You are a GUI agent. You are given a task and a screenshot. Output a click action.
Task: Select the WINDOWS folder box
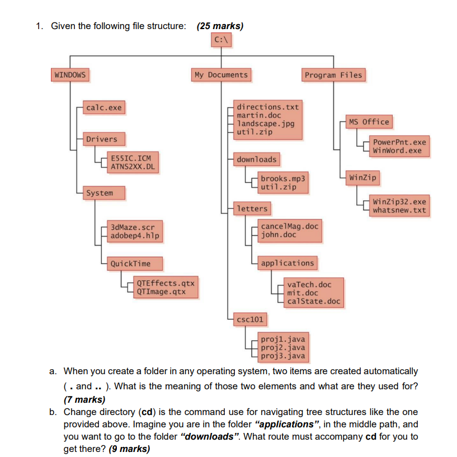(x=70, y=75)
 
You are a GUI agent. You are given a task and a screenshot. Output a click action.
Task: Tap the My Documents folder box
(x=220, y=75)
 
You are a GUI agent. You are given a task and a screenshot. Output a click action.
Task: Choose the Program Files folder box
(x=333, y=75)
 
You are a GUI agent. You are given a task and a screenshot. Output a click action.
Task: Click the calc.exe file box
(x=103, y=107)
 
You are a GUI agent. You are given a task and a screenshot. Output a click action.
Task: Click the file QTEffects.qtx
(x=165, y=283)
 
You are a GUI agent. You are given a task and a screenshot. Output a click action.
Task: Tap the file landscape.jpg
(x=266, y=124)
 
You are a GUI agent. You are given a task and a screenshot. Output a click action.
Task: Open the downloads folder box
(x=256, y=160)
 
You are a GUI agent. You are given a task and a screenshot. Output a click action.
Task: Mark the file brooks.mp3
(x=283, y=178)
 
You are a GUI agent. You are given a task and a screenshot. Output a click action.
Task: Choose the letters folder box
(x=252, y=209)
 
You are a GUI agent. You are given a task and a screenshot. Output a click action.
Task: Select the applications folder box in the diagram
(x=288, y=263)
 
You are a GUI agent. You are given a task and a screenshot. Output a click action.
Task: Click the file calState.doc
(x=313, y=301)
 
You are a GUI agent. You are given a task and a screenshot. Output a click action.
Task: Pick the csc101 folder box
(x=250, y=320)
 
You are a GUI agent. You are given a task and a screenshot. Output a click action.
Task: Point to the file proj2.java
(x=282, y=347)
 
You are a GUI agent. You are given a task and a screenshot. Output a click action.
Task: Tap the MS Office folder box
(x=368, y=122)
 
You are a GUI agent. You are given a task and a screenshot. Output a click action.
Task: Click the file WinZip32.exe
(x=399, y=202)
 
